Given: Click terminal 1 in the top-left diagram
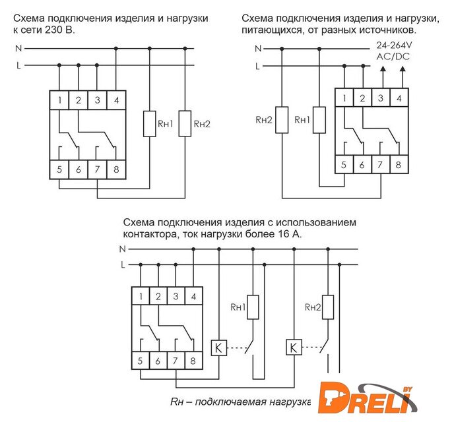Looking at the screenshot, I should tap(59, 100).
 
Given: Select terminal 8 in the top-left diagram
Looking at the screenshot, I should tap(116, 169).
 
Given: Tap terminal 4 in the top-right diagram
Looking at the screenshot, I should tap(398, 98).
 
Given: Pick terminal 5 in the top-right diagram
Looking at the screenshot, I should tap(343, 165).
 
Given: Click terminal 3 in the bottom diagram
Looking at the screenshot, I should tap(176, 297).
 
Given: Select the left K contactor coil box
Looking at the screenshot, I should tap(218, 346).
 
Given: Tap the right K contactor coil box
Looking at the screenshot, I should tap(292, 346).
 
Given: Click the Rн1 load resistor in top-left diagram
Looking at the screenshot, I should tap(150, 123).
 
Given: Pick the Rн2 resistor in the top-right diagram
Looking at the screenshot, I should tap(283, 119).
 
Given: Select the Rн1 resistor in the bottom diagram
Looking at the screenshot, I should tap(252, 307).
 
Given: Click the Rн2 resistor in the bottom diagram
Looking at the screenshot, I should tap(327, 307).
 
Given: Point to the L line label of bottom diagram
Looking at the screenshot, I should tap(123, 265).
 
